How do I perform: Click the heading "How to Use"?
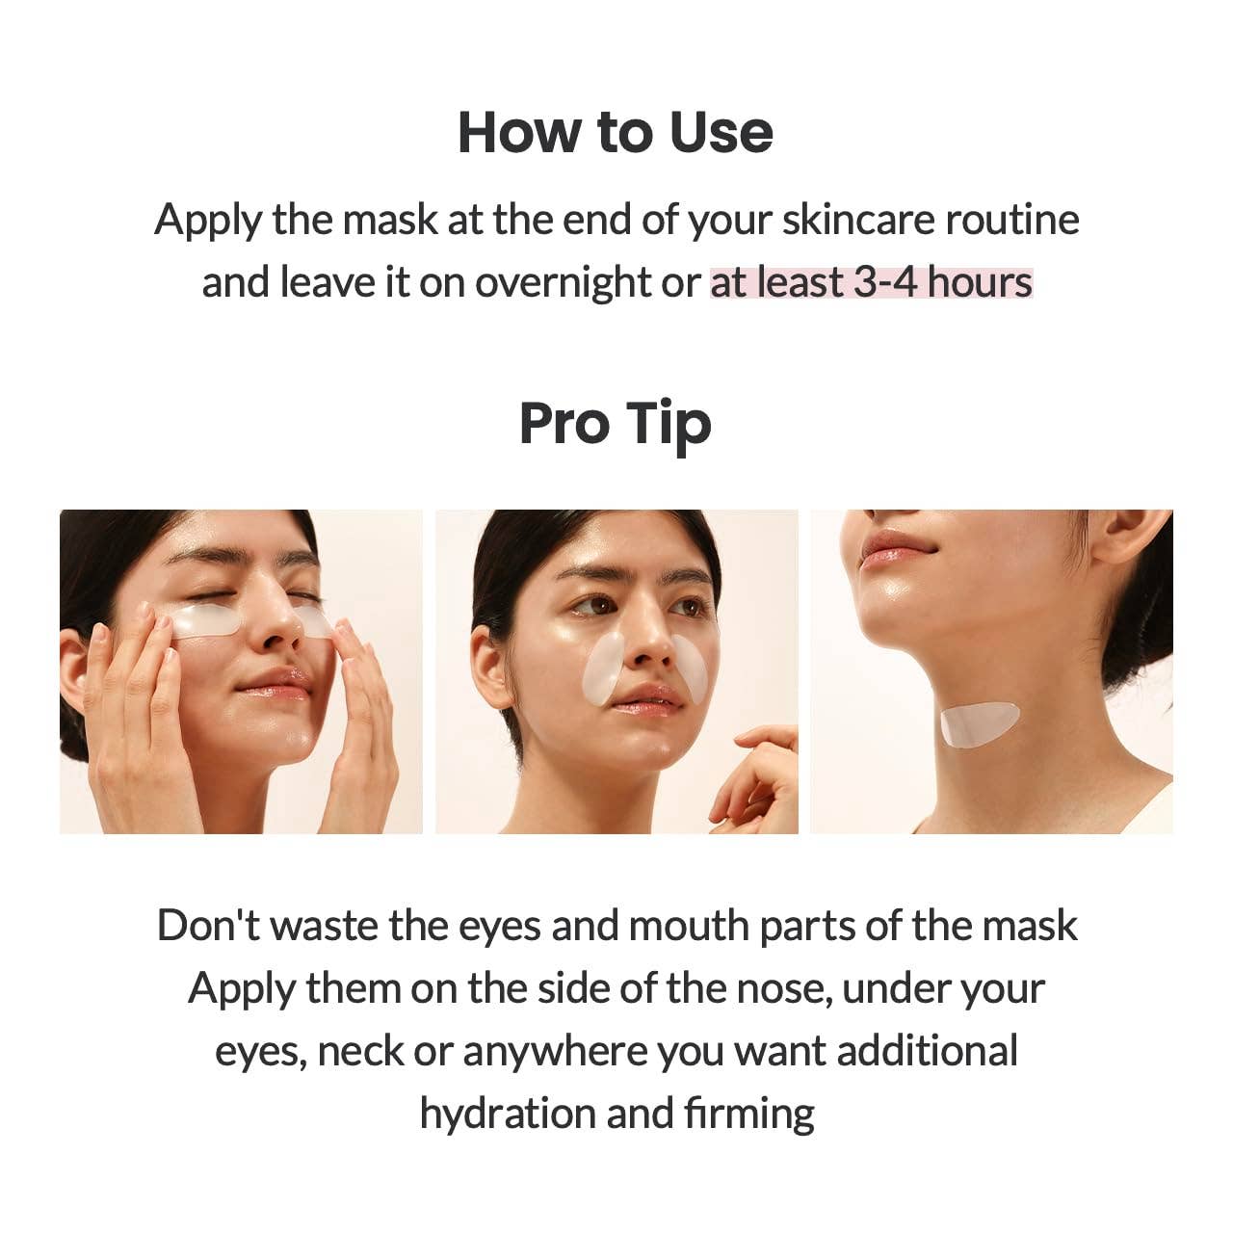[615, 132]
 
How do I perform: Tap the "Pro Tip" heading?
[615, 424]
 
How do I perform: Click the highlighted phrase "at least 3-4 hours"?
[871, 282]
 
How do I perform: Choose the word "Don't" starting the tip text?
[208, 926]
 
